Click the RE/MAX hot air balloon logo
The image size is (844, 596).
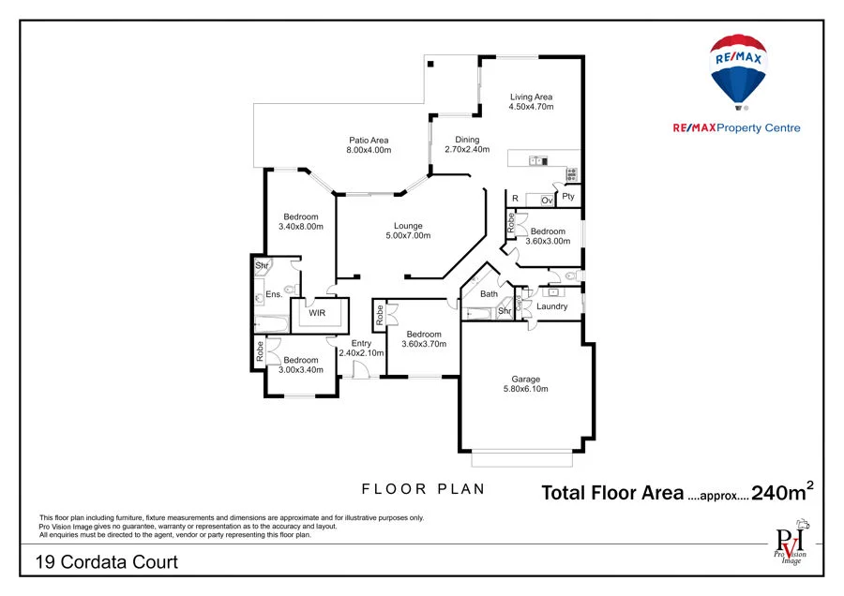[x=737, y=70]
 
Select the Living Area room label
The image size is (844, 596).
[x=531, y=102]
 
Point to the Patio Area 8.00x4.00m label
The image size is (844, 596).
[x=369, y=145]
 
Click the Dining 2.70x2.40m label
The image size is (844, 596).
[x=466, y=144]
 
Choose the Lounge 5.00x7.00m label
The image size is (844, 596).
[x=408, y=231]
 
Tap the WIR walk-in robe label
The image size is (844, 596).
[x=318, y=313]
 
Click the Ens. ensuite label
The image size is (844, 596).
[x=274, y=294]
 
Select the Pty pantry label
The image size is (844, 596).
[x=568, y=197]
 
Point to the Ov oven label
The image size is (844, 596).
[x=546, y=200]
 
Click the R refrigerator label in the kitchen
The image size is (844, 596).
[x=515, y=199]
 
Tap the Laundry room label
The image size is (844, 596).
[x=552, y=306]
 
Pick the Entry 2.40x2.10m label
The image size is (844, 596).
[x=361, y=349]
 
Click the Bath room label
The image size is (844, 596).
[x=489, y=294]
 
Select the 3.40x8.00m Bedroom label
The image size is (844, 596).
[x=300, y=221]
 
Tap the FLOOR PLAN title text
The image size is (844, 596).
[x=423, y=488]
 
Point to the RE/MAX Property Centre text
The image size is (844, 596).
[x=736, y=128]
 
